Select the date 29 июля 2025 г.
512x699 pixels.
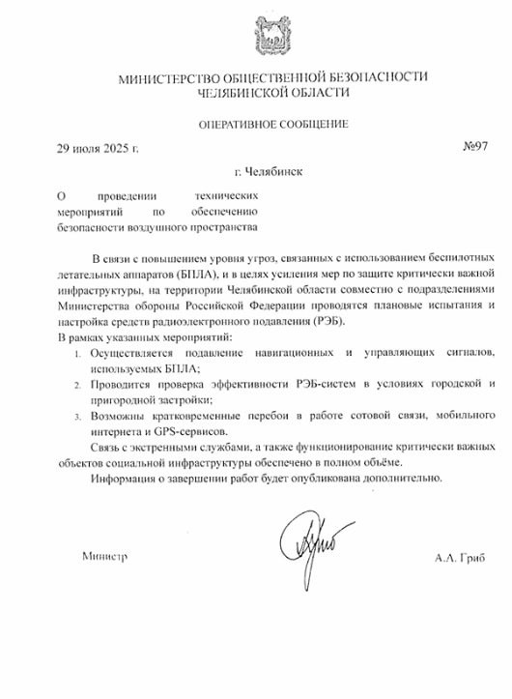pos(98,149)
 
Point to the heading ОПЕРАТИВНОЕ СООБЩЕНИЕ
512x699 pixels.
pos(273,124)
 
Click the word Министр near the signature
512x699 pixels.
pos(105,557)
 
